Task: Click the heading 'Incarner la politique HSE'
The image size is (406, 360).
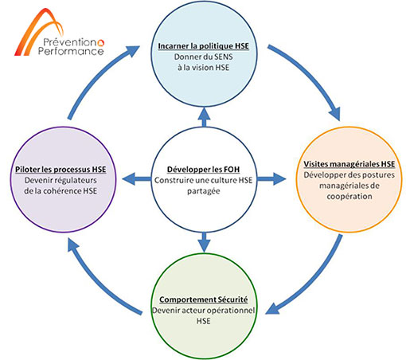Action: click(204, 46)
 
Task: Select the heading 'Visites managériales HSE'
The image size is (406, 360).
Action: click(349, 164)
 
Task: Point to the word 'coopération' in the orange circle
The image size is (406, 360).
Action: click(349, 197)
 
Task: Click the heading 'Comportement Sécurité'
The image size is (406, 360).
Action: click(204, 299)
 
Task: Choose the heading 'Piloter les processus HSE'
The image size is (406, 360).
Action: click(61, 170)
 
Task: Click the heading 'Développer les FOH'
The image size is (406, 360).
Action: click(203, 170)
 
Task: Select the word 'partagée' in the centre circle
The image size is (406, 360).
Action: click(204, 191)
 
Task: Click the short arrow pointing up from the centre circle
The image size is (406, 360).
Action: click(204, 117)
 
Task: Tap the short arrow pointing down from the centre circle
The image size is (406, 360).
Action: click(204, 242)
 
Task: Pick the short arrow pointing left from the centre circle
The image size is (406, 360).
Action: click(137, 179)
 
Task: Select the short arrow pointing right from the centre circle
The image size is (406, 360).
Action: click(271, 179)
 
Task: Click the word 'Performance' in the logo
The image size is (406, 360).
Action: click(71, 51)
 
